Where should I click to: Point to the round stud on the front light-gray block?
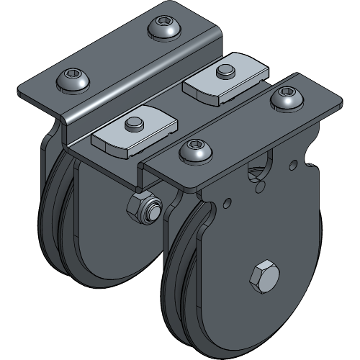click(132, 125)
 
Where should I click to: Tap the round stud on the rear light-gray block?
click(225, 71)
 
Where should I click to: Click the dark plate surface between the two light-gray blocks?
click(176, 108)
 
